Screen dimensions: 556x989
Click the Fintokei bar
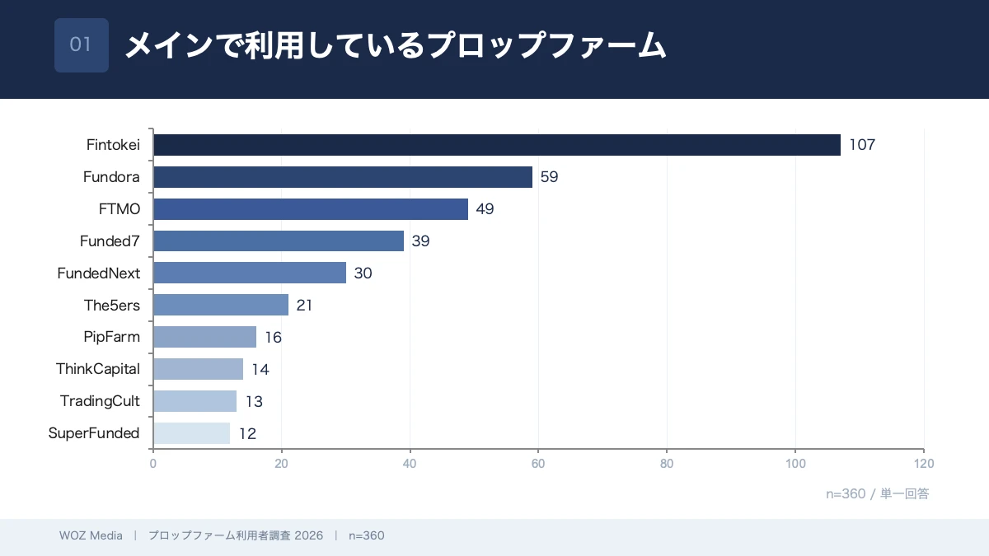point(497,145)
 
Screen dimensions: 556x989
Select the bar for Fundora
point(343,177)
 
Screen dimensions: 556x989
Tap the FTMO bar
point(311,209)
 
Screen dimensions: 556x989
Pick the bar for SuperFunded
point(192,433)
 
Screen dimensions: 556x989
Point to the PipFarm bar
point(204,337)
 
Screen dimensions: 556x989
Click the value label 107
point(862,145)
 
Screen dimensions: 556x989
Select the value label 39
point(421,241)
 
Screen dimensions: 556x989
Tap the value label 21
point(305,306)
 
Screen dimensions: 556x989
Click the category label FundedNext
point(99,273)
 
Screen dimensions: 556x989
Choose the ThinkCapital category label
point(98,369)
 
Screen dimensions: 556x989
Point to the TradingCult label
point(100,401)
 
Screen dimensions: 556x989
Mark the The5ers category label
point(112,306)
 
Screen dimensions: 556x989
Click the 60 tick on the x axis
point(538,464)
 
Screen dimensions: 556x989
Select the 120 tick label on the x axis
point(923,464)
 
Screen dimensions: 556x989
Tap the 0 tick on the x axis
point(153,464)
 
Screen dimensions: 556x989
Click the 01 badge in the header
point(82,45)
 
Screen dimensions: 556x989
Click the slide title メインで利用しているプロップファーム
point(395,46)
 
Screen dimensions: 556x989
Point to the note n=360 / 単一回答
point(878,493)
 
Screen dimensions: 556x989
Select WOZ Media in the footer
point(91,535)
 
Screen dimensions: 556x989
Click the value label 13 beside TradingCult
point(255,401)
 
